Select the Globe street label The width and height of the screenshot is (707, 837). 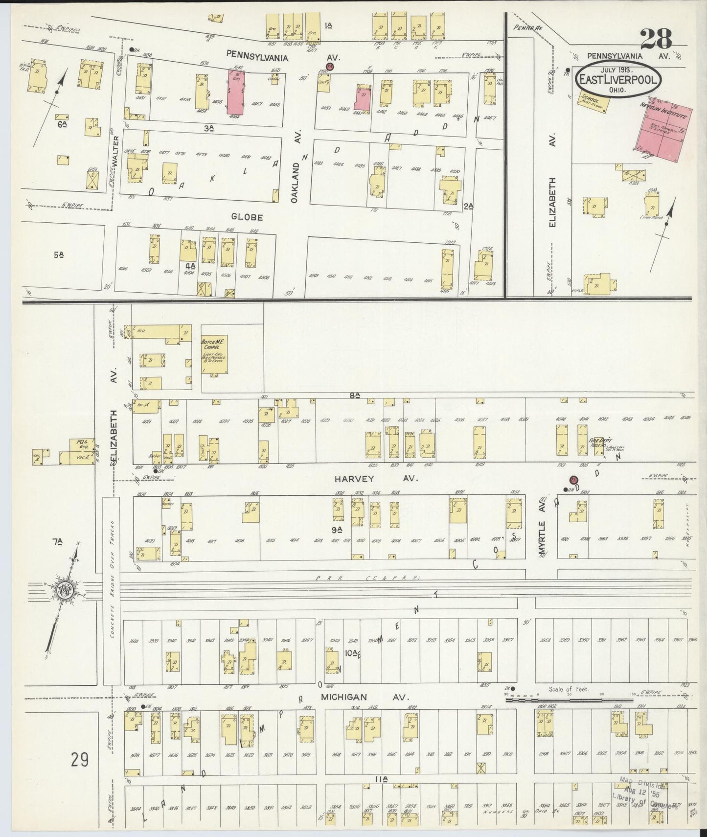point(249,217)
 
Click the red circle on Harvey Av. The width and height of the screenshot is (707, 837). point(574,480)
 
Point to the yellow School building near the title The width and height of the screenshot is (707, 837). point(593,102)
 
